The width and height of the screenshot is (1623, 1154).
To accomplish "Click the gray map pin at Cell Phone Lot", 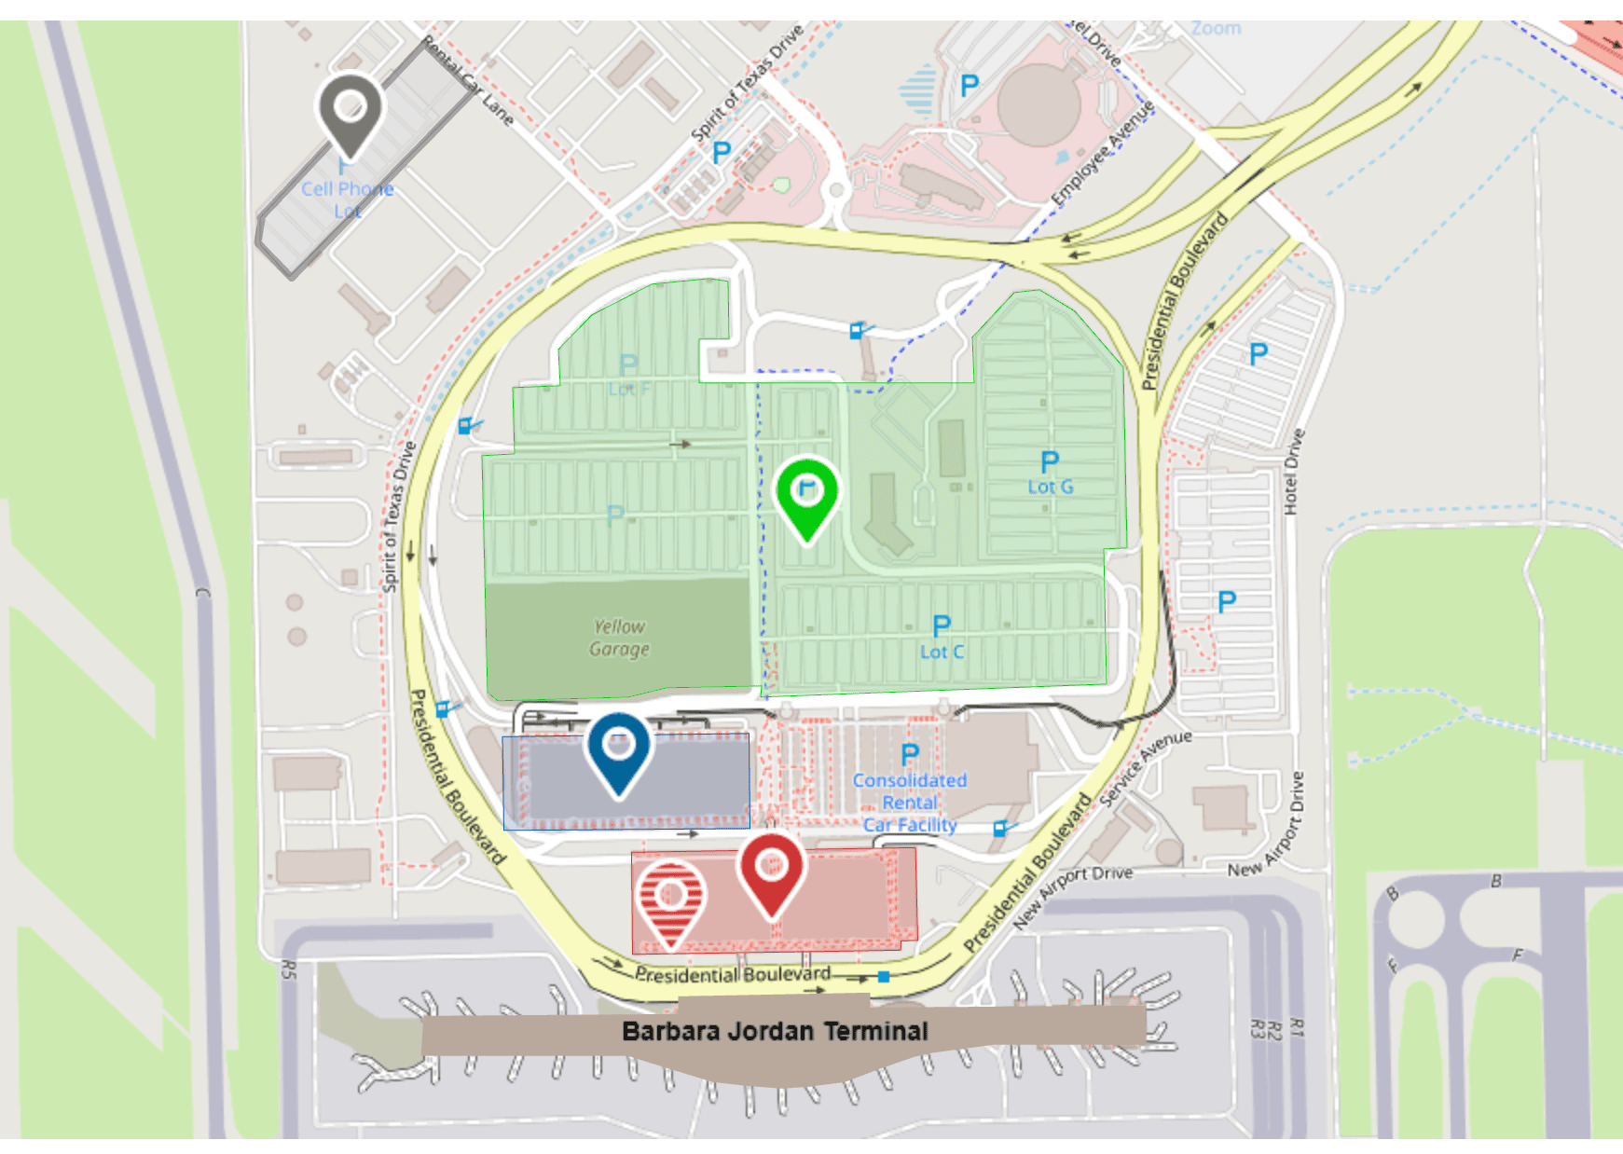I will click(350, 110).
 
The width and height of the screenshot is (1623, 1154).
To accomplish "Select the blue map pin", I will click(618, 749).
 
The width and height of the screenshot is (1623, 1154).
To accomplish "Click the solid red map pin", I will click(771, 870).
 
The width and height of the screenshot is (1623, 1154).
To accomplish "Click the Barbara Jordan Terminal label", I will click(775, 1031).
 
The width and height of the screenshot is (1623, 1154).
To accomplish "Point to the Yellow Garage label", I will click(619, 638).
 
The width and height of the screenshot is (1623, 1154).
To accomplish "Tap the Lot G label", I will click(1051, 487).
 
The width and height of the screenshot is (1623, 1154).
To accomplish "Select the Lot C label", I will click(942, 652).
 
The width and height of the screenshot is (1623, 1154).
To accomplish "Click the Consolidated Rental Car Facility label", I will click(910, 803).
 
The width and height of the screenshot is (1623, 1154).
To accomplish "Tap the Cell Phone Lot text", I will click(347, 199).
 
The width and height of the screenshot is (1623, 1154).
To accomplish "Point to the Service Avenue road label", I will click(1145, 766).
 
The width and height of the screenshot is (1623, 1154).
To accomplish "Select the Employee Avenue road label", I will click(1103, 153).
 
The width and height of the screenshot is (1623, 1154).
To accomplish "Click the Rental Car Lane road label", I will click(467, 81).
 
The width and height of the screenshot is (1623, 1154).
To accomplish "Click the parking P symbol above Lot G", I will click(1050, 461).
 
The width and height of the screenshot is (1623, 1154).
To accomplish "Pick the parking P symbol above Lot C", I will click(942, 625).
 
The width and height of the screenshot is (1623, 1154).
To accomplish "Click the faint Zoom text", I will click(1216, 29).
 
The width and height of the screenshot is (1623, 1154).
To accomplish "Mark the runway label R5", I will click(289, 969).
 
